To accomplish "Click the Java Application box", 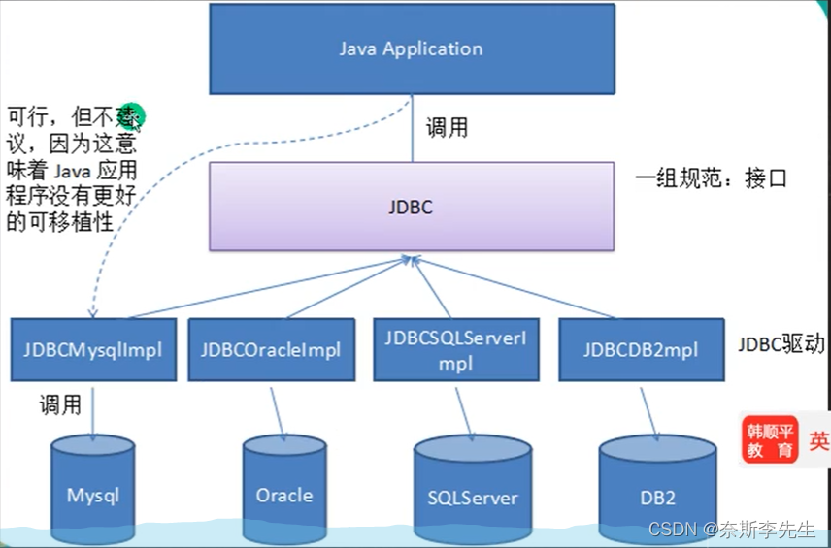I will click(411, 48).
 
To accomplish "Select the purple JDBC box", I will click(411, 206).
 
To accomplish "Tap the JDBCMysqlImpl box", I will click(93, 349).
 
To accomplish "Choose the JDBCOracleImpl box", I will click(271, 349).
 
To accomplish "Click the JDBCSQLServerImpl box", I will click(455, 349).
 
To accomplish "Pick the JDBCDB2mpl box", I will click(641, 349).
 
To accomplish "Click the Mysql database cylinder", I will click(93, 490).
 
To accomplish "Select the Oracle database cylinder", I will click(284, 490).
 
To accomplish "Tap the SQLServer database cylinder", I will click(473, 493).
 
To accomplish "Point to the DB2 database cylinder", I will click(657, 493).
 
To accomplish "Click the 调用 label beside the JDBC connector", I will click(448, 127).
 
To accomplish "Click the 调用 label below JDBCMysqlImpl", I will click(60, 404).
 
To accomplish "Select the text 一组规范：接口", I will click(711, 177).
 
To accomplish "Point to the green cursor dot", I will click(134, 116).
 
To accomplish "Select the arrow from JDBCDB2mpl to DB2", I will click(648, 408).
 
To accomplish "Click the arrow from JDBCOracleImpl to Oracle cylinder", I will click(277, 408).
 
